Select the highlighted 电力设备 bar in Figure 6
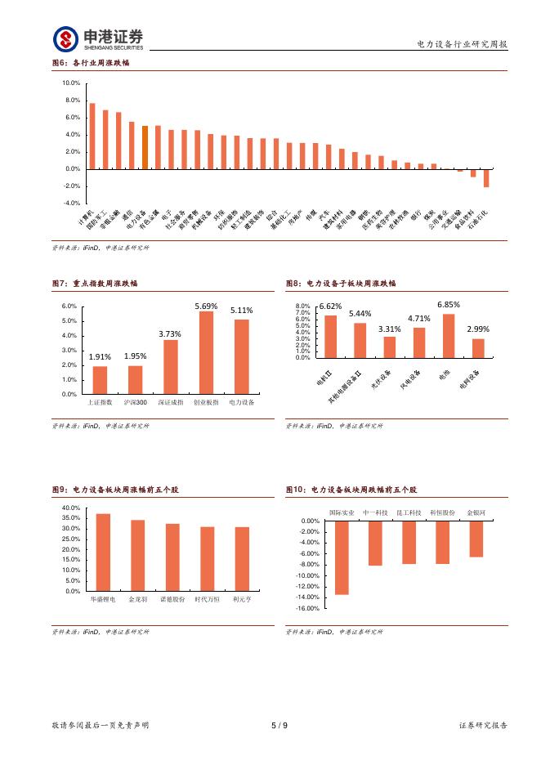coord(145,147)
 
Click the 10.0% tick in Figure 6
coord(71,83)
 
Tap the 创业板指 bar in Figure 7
coord(207,352)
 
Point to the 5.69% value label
coord(207,306)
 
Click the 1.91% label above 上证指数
coord(100,356)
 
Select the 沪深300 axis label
coord(136,402)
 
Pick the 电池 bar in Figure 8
coord(449,336)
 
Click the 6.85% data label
coord(449,304)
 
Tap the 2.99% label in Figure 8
coord(478,329)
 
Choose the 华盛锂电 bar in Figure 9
coord(103,552)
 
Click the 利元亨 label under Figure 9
coord(242,599)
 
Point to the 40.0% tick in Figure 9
coord(70,508)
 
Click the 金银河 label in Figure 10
coord(476,512)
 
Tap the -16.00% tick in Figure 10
coord(307,608)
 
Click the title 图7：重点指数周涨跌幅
coord(95,283)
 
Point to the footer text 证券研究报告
coord(484,725)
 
